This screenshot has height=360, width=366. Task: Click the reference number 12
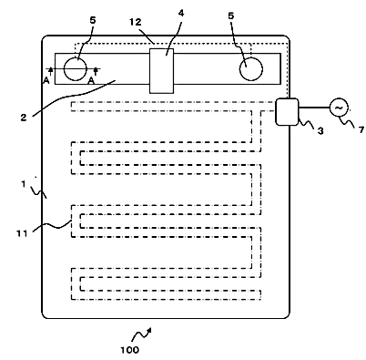(x=136, y=22)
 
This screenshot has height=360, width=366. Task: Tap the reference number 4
(x=181, y=14)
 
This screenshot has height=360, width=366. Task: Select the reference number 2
(x=24, y=118)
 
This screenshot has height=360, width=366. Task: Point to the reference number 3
(x=320, y=131)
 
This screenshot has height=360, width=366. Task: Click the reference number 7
(x=361, y=130)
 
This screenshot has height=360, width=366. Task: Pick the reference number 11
(x=22, y=233)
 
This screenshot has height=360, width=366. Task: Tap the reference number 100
(x=129, y=350)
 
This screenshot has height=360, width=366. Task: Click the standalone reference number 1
(x=24, y=184)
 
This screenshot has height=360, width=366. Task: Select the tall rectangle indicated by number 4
(x=162, y=71)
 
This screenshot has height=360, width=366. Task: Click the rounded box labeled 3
(x=287, y=111)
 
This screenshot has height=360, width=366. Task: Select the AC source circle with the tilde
(x=339, y=108)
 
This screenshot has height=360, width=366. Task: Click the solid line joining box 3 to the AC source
(x=314, y=108)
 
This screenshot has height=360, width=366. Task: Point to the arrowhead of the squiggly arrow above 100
(x=149, y=330)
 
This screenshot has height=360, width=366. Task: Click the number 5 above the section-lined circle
(x=93, y=20)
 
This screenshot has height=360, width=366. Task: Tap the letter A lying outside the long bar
(x=46, y=80)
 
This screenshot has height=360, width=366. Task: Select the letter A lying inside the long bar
(x=91, y=81)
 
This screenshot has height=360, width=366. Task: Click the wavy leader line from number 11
(x=52, y=226)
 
